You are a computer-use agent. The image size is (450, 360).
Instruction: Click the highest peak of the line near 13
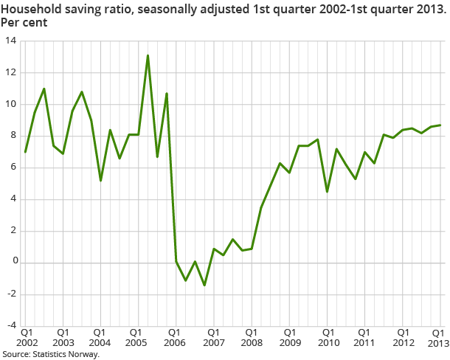(148, 55)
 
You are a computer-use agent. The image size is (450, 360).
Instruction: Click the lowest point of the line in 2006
(204, 285)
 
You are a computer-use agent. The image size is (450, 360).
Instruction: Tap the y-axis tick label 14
(10, 41)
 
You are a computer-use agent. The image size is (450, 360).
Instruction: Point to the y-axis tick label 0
(13, 263)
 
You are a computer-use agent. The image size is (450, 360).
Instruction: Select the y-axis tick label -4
(10, 325)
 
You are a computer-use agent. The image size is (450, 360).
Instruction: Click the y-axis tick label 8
(13, 136)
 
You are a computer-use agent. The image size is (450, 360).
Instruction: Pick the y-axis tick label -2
(10, 294)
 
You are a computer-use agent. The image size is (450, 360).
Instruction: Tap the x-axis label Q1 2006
(176, 338)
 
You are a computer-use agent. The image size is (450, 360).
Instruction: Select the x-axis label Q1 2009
(289, 338)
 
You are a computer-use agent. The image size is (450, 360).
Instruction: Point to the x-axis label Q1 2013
(437, 338)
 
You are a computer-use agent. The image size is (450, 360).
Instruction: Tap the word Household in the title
(30, 9)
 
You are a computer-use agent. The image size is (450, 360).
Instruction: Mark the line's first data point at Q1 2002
(25, 152)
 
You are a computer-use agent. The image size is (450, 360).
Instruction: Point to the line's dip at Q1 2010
(327, 192)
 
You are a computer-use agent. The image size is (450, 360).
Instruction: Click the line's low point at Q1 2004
(100, 181)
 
